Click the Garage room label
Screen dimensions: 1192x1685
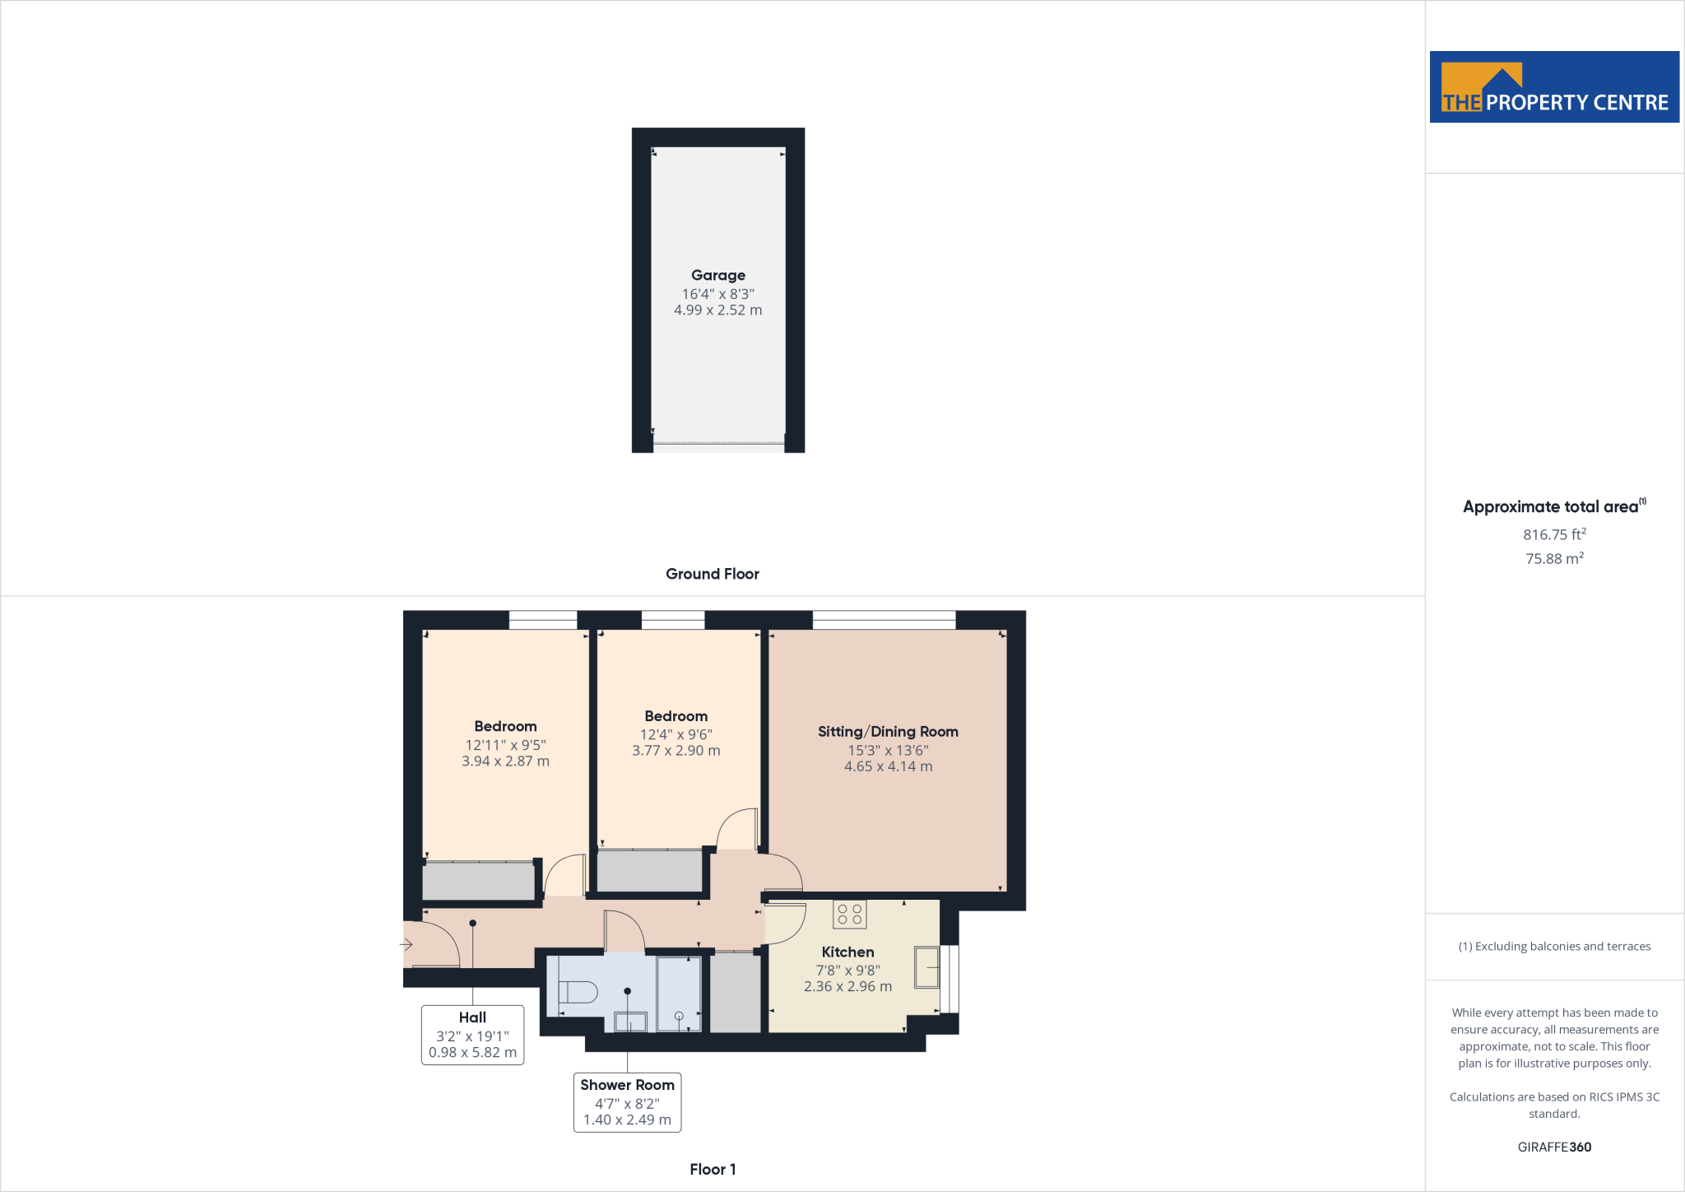pos(717,275)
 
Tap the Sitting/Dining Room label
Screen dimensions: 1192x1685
pos(888,732)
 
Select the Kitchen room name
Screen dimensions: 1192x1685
pos(847,952)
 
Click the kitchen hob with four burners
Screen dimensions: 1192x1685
pos(849,915)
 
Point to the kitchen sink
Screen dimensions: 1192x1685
pos(926,967)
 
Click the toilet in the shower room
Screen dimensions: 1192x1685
pos(578,992)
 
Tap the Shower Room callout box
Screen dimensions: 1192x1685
pos(627,1102)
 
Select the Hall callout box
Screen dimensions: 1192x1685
pos(472,1035)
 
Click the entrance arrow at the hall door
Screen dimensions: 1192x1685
pos(406,944)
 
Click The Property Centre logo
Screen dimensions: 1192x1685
pos(1554,87)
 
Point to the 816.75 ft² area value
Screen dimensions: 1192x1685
pos(1554,535)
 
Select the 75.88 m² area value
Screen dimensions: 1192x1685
pos(1554,559)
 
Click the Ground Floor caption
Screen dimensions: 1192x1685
pos(712,574)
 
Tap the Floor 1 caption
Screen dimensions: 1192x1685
pos(713,1169)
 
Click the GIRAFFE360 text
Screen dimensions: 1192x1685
pos(1554,1147)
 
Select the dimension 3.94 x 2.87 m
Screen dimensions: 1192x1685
pos(505,761)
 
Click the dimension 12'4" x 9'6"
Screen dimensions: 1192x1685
pos(675,734)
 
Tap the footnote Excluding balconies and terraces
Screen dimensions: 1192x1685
pos(1554,947)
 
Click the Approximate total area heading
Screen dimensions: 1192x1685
pos(1551,507)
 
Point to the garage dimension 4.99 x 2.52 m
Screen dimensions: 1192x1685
pos(717,310)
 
